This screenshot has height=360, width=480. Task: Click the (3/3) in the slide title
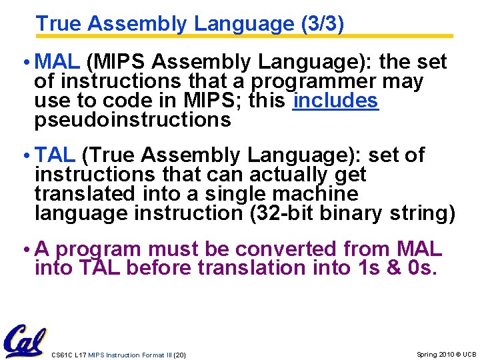click(323, 24)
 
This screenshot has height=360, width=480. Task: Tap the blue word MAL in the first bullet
click(57, 62)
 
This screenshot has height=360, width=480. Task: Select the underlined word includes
click(335, 101)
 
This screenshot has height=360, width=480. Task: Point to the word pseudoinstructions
click(133, 120)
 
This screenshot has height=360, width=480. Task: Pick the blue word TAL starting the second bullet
click(55, 155)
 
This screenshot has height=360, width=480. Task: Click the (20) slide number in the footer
click(179, 355)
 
